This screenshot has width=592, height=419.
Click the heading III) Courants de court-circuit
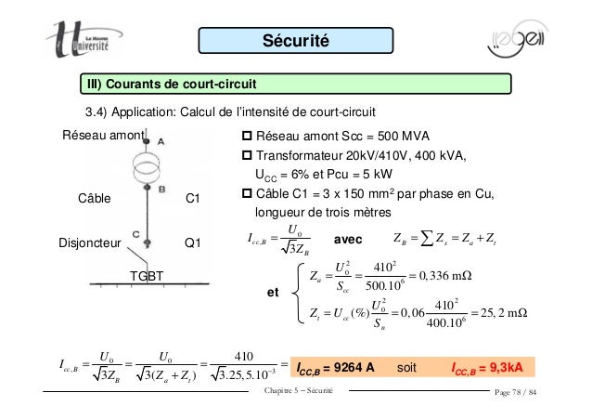click(172, 87)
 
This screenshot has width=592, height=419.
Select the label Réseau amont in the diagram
click(103, 137)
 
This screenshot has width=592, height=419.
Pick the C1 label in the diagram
click(195, 198)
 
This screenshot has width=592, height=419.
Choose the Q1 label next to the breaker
click(195, 244)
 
